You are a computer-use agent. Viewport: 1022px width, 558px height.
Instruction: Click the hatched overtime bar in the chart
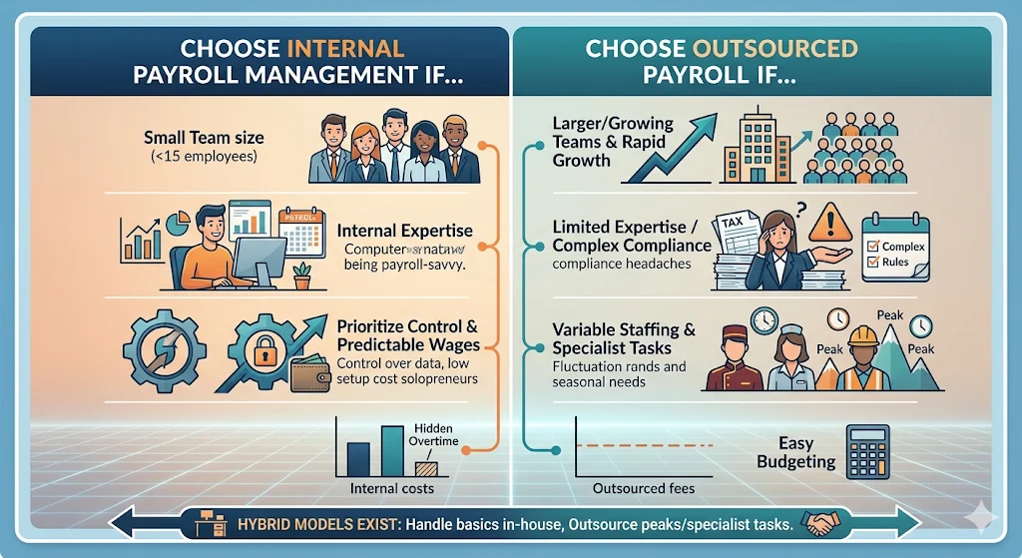click(424, 465)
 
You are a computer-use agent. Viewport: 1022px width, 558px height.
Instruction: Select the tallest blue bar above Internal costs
click(390, 447)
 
